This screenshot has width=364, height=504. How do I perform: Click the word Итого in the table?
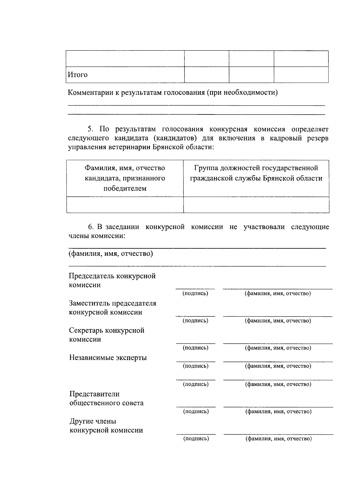click(x=77, y=75)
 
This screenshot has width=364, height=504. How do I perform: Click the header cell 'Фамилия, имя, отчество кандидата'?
click(x=125, y=178)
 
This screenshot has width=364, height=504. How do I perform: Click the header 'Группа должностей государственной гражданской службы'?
click(x=256, y=173)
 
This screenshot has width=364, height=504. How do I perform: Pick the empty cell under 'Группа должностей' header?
click(x=256, y=205)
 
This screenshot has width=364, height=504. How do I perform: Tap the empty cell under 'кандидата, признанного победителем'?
click(x=125, y=205)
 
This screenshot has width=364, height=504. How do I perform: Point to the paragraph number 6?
click(x=90, y=227)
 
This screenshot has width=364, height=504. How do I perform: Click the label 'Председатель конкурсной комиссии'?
click(x=112, y=280)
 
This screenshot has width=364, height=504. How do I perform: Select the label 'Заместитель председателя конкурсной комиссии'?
click(x=112, y=308)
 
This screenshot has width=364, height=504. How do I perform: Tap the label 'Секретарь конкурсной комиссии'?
click(x=106, y=335)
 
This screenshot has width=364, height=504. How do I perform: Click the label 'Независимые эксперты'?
click(x=108, y=357)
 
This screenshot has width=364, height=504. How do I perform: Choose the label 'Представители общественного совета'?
click(x=106, y=398)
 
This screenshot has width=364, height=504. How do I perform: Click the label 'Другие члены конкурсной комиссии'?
click(x=106, y=426)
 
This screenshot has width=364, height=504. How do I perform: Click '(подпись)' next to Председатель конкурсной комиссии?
click(x=195, y=294)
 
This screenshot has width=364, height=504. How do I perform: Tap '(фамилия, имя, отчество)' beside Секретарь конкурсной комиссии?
click(x=278, y=348)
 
